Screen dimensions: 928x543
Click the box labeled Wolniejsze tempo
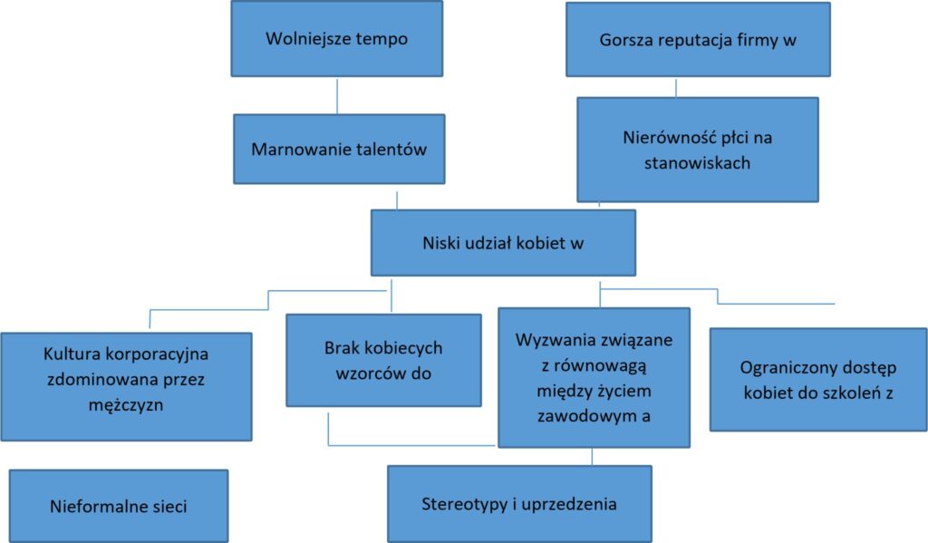(x=337, y=38)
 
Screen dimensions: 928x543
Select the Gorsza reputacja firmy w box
(x=698, y=40)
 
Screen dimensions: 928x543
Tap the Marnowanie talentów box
(x=339, y=150)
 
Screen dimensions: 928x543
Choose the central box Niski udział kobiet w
(x=503, y=243)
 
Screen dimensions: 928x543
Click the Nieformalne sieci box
(x=119, y=506)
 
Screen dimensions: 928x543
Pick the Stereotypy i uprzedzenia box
(x=519, y=504)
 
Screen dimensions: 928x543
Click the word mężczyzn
(x=125, y=405)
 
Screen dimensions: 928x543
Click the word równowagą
(x=601, y=366)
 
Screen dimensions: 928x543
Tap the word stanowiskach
(x=697, y=163)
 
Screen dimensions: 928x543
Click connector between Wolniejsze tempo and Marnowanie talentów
(x=337, y=96)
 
